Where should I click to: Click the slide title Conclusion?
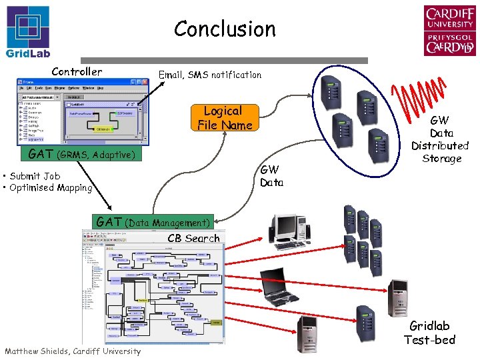pos(225,29)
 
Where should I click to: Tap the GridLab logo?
pos(27,33)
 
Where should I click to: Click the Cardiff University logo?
pos(449,31)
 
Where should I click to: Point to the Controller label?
pos(77,71)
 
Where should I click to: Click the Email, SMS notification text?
pos(209,75)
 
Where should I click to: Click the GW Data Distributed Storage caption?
pos(440,139)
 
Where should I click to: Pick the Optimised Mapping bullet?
pos(48,188)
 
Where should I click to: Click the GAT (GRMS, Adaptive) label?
pos(81,155)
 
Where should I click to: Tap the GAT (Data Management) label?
pos(153,222)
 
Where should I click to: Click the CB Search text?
pos(193,238)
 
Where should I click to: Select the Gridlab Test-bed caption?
pos(429,333)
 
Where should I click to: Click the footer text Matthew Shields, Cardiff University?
pos(73,351)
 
